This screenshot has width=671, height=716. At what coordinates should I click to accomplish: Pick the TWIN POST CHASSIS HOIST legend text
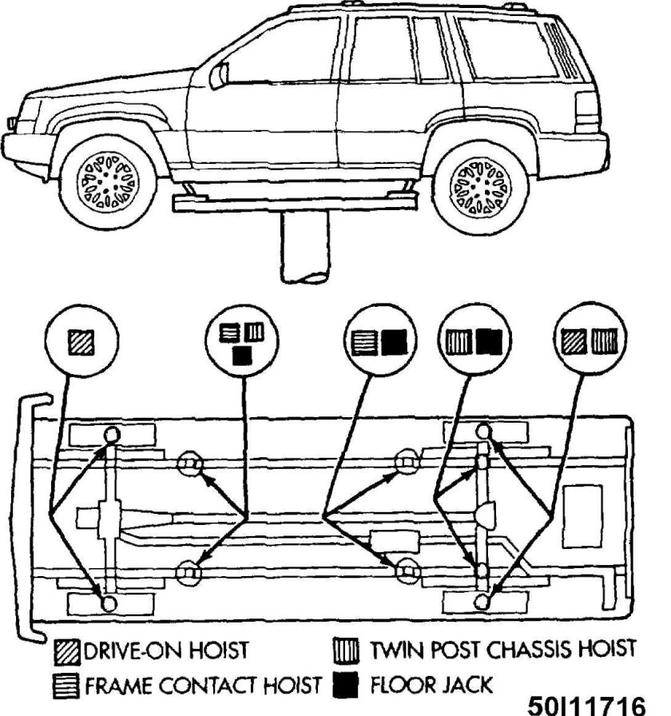click(502, 649)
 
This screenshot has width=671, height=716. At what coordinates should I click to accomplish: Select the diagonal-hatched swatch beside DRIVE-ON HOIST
click(63, 649)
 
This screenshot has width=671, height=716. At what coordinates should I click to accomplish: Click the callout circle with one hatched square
click(82, 343)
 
